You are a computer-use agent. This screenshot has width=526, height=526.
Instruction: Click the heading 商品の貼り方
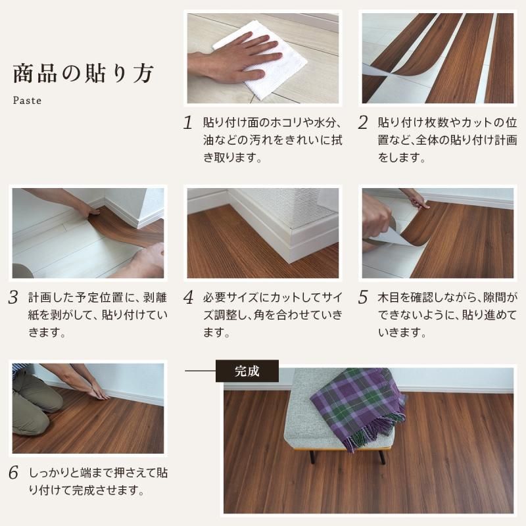(x=84, y=73)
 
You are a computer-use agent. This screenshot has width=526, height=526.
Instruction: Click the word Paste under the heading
(x=27, y=101)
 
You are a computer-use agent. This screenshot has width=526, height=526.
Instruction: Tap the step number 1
(x=188, y=123)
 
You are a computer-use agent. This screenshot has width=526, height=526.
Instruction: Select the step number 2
(x=363, y=123)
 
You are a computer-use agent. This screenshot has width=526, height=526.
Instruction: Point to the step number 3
(x=13, y=298)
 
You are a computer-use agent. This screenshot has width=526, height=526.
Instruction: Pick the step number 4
(x=188, y=298)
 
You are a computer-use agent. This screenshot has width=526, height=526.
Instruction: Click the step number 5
(x=363, y=298)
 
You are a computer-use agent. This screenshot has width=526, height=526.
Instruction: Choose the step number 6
(x=13, y=473)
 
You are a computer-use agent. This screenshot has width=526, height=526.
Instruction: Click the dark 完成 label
(x=247, y=371)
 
